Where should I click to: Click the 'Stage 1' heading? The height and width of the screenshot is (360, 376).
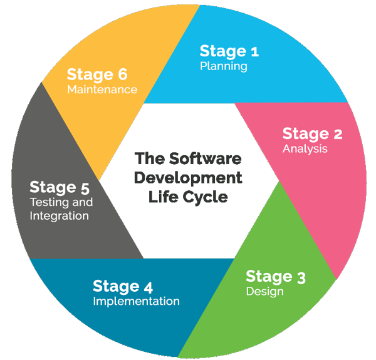pyautogui.click(x=229, y=51)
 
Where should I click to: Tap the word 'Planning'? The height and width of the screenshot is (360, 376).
pyautogui.click(x=223, y=66)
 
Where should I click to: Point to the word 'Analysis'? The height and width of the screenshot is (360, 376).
pyautogui.click(x=305, y=149)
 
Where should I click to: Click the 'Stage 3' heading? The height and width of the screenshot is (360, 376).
pyautogui.click(x=276, y=276)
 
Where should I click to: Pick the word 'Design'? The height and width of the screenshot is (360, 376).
pyautogui.click(x=264, y=292)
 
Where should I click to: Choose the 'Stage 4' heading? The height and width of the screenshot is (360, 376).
pyautogui.click(x=123, y=286)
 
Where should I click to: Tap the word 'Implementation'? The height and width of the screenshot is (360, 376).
pyautogui.click(x=136, y=302)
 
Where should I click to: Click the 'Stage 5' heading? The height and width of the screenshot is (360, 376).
pyautogui.click(x=60, y=187)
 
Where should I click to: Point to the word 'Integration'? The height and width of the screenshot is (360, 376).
pyautogui.click(x=59, y=216)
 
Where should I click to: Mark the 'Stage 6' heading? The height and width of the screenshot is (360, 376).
pyautogui.click(x=97, y=74)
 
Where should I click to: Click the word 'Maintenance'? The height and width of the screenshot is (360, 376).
pyautogui.click(x=102, y=90)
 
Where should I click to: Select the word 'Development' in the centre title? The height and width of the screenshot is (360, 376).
pyautogui.click(x=188, y=177)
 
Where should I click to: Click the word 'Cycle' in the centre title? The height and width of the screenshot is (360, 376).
pyautogui.click(x=207, y=197)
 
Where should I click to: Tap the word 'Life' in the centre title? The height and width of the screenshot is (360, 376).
pyautogui.click(x=164, y=197)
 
